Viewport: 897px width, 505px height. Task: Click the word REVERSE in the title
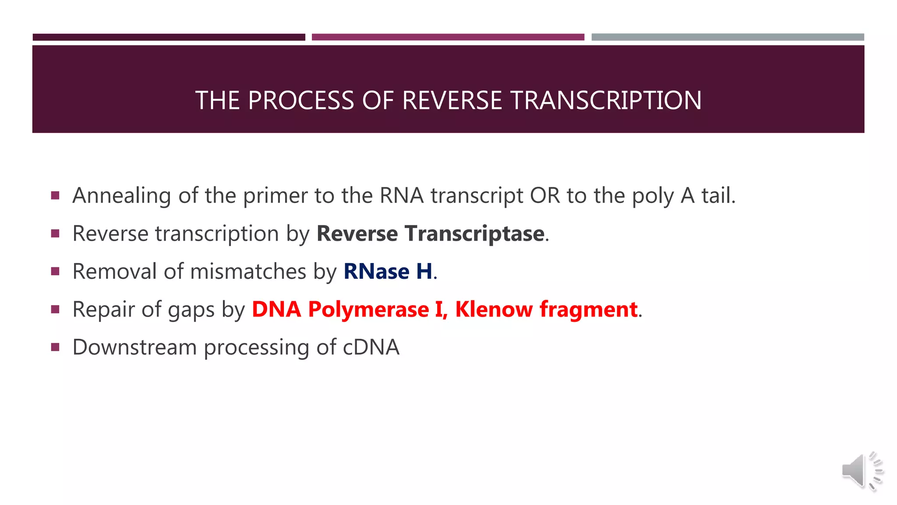click(x=452, y=100)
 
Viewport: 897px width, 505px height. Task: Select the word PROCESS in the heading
click(x=301, y=100)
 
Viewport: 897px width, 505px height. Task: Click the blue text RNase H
click(x=388, y=271)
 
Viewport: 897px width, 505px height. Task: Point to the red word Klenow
click(x=494, y=309)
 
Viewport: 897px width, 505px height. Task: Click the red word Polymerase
click(x=368, y=309)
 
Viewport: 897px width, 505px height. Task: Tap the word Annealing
click(x=122, y=196)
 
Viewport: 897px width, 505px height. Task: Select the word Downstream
click(x=134, y=347)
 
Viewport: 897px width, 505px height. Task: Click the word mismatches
click(x=248, y=271)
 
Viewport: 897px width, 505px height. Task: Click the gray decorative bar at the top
click(x=727, y=37)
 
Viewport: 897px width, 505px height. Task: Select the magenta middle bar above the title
click(x=448, y=37)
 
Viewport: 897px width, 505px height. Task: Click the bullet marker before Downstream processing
click(x=55, y=348)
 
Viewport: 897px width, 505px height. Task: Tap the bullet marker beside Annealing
click(x=55, y=196)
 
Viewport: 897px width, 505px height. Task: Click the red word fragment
click(x=588, y=309)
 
